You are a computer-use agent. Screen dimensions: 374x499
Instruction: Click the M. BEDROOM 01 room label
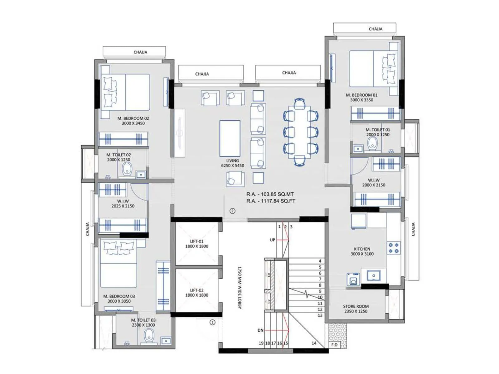pyautogui.click(x=361, y=97)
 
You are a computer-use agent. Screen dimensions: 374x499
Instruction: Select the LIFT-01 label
pyautogui.click(x=196, y=244)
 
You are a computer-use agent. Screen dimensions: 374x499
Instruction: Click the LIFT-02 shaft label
pyautogui.click(x=196, y=293)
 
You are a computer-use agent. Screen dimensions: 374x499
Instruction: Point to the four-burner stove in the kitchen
pyautogui.click(x=393, y=248)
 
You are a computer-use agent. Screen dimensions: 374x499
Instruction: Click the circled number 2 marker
pyautogui.click(x=232, y=211)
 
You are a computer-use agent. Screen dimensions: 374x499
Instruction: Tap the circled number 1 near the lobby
pyautogui.click(x=212, y=322)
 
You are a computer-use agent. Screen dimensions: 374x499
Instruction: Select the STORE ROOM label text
pyautogui.click(x=356, y=309)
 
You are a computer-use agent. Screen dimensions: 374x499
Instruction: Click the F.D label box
pyautogui.click(x=334, y=345)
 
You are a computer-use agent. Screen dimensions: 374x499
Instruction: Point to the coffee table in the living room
pyautogui.click(x=230, y=138)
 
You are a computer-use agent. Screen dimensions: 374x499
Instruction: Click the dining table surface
pyautogui.click(x=299, y=132)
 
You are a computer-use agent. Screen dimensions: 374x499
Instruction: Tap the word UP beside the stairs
pyautogui.click(x=273, y=240)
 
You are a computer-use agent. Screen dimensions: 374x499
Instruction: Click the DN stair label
pyautogui.click(x=260, y=330)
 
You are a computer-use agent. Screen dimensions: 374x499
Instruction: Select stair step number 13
pyautogui.click(x=320, y=315)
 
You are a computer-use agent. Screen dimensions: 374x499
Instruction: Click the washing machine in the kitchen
pyautogui.click(x=353, y=279)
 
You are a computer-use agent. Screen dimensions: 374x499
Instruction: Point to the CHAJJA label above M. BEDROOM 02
pyautogui.click(x=140, y=52)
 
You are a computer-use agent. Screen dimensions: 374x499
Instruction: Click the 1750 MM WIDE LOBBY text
pyautogui.click(x=240, y=287)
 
